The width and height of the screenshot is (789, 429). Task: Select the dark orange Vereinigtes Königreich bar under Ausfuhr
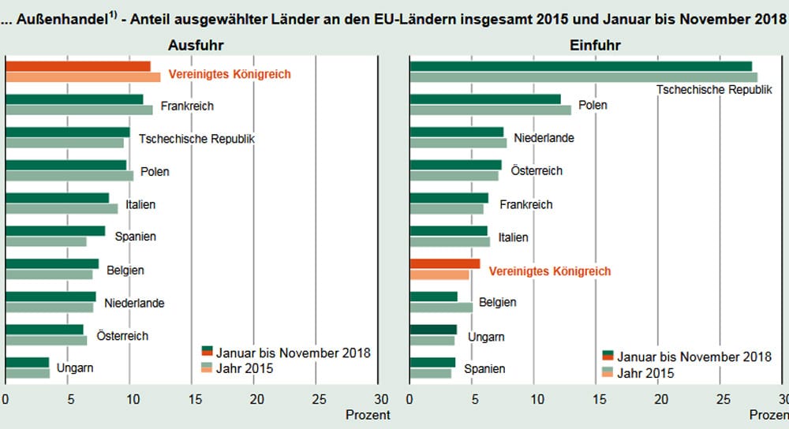pos(78,66)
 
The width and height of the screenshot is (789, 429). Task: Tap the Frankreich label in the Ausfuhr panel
pos(187,106)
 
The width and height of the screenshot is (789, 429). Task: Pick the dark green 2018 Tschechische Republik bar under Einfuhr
pos(581,66)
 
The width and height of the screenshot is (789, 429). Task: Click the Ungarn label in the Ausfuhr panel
pos(75,368)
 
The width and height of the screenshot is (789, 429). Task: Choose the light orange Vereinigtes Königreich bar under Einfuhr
pos(439,275)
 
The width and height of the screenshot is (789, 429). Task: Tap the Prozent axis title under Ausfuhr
pos(368,414)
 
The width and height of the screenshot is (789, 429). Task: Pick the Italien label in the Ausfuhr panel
pos(140,204)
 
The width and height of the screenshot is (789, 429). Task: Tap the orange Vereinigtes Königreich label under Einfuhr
pos(550,270)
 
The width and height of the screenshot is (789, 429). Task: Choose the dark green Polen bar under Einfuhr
pos(484,99)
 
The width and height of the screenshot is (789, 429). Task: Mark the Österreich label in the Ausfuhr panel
pos(122,336)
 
